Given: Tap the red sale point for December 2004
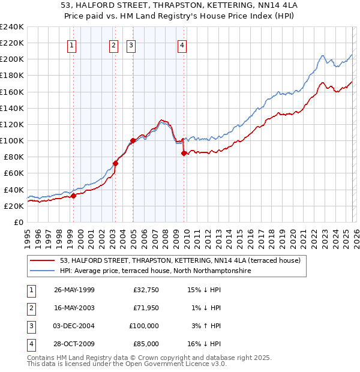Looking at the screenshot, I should point(133,140).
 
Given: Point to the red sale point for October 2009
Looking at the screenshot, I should point(184,153).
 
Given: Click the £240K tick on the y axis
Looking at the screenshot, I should point(12,27).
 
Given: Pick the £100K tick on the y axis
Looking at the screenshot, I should point(12,140).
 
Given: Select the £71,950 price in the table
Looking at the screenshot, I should point(146,307).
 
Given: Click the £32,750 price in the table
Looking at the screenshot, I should point(146,289).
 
